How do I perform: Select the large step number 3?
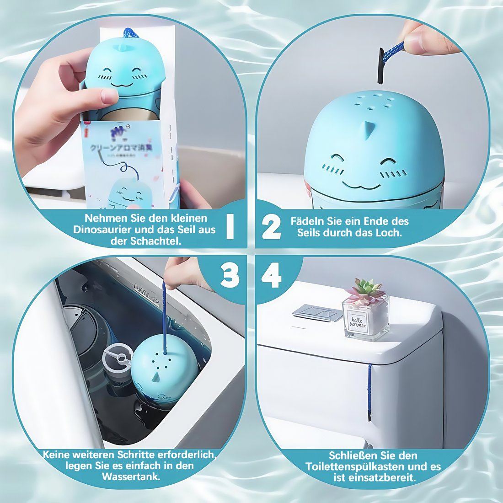click(230, 276)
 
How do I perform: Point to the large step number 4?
click(271, 276)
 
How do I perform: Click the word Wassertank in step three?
click(130, 476)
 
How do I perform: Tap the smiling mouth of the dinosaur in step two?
click(361, 185)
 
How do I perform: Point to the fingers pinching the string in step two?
click(423, 39)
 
